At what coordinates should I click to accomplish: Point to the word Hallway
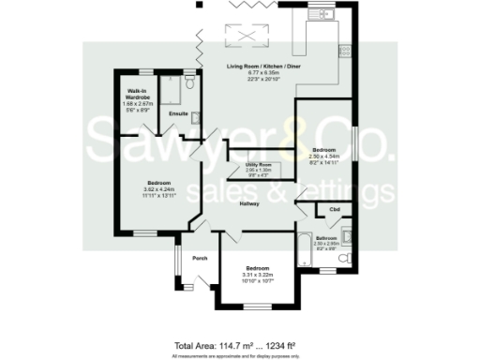248,203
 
